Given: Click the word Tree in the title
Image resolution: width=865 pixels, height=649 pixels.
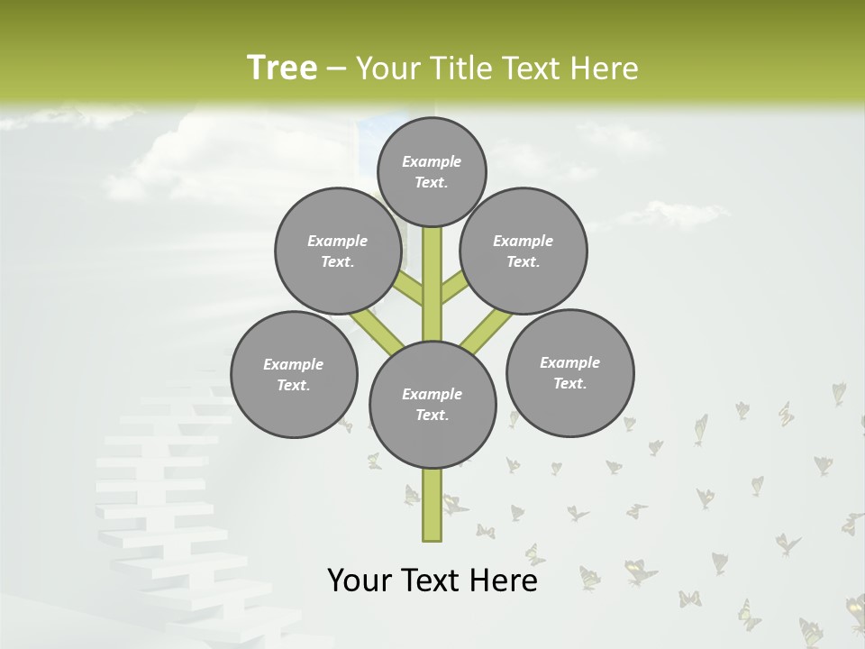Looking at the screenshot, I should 282,68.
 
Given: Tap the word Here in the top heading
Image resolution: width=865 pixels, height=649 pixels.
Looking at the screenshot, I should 604,68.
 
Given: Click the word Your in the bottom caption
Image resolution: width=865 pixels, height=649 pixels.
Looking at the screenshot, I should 360,580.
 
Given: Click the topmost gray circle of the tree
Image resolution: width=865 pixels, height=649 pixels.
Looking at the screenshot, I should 432,171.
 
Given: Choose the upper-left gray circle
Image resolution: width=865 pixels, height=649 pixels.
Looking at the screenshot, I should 338,251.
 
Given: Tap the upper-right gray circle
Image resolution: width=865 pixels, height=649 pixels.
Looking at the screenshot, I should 524,251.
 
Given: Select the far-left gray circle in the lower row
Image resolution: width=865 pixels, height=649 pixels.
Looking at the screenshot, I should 294,374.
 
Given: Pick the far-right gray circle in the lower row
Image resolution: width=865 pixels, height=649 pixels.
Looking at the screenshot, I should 569,372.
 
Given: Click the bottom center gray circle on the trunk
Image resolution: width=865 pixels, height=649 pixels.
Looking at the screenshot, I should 432,404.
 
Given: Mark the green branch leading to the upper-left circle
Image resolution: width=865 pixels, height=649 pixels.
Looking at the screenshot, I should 410,290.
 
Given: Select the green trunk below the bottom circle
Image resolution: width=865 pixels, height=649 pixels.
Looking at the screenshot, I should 432,505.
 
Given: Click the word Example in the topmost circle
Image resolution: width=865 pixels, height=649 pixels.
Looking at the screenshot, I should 432,161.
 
